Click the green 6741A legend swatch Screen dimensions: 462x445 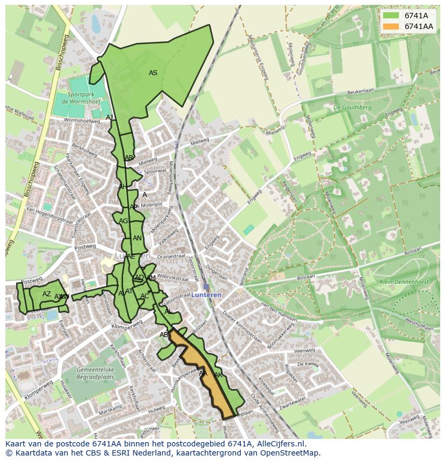pyautogui.click(x=391, y=16)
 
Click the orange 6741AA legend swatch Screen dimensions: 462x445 pyautogui.click(x=391, y=26)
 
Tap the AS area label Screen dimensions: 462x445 pyautogui.click(x=153, y=73)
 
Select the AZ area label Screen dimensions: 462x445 pyautogui.click(x=47, y=294)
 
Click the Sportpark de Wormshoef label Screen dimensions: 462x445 pyautogui.click(x=78, y=98)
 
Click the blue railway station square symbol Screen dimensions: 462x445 pyautogui.click(x=206, y=287)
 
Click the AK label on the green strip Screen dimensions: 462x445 pyautogui.click(x=218, y=375)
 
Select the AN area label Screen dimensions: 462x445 pyautogui.click(x=137, y=238)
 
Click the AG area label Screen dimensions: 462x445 pyautogui.click(x=124, y=221)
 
